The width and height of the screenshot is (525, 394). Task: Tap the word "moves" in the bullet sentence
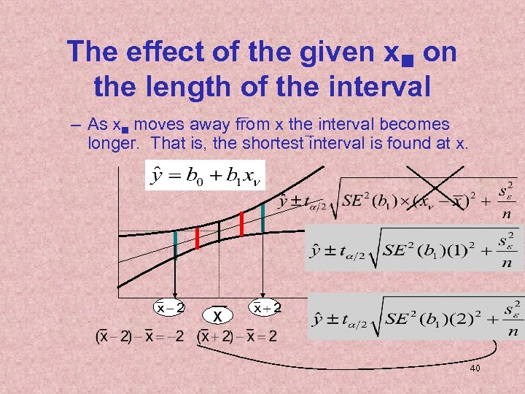(x=158, y=124)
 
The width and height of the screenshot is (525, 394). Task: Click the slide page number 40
(x=475, y=369)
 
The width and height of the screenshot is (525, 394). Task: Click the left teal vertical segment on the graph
(x=175, y=244)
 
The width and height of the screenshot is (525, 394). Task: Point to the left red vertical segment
(x=197, y=238)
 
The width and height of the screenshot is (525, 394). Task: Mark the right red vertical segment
(x=241, y=224)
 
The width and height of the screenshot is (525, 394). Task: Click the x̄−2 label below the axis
(x=170, y=308)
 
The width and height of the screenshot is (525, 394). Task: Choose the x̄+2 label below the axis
(x=266, y=307)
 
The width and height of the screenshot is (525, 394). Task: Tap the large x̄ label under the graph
(x=217, y=314)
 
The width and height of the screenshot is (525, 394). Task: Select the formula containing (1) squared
(x=413, y=250)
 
